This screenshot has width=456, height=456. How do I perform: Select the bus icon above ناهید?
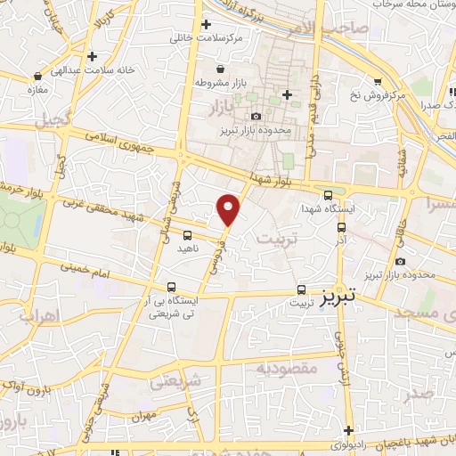[186, 236]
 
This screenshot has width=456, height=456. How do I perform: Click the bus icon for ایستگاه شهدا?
[328, 196]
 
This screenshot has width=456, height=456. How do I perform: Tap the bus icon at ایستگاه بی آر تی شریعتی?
[171, 287]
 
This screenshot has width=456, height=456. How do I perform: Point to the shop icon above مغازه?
[37, 77]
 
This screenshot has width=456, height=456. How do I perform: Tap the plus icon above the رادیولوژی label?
[350, 429]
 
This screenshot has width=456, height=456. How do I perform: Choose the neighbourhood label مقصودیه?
[287, 368]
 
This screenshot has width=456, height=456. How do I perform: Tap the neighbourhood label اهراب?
[38, 316]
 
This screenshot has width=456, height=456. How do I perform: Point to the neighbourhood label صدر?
[418, 394]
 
